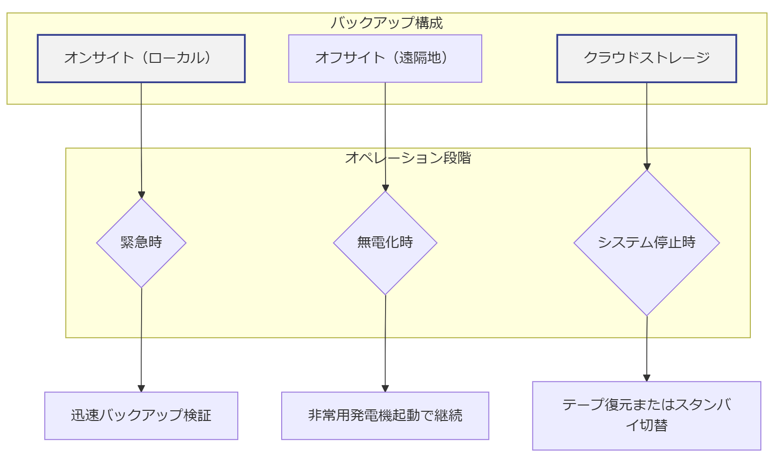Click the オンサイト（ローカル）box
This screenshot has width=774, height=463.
click(141, 58)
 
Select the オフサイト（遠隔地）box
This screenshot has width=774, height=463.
click(385, 58)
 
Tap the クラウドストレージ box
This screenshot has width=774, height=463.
click(646, 58)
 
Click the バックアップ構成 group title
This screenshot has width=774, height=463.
click(387, 23)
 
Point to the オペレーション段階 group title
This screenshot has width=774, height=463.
click(408, 158)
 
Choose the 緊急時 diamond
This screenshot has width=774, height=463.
click(141, 243)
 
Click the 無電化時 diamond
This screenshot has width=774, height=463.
click(385, 243)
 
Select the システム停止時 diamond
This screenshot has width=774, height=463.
click(646, 243)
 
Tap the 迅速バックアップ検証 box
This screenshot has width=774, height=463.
click(141, 416)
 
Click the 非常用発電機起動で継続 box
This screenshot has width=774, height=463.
click(385, 416)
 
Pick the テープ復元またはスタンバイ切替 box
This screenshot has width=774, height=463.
click(646, 416)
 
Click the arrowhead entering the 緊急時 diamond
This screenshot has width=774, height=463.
click(142, 195)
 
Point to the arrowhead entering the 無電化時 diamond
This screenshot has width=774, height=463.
click(385, 188)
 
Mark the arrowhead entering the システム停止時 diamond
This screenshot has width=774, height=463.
click(647, 167)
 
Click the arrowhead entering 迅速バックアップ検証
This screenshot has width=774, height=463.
click(141, 389)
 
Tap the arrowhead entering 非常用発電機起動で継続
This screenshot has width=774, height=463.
click(385, 389)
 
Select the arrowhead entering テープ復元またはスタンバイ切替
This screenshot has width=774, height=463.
click(646, 378)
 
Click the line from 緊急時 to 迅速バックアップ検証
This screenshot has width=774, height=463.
click(141, 338)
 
